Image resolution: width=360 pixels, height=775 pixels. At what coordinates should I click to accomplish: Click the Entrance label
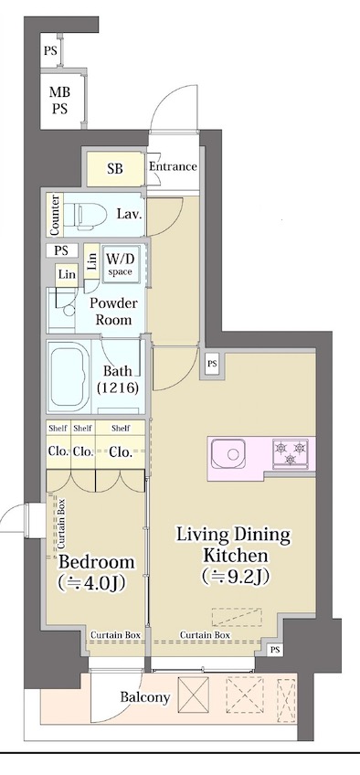(173, 166)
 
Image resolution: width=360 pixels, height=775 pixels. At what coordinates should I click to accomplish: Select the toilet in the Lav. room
(88, 215)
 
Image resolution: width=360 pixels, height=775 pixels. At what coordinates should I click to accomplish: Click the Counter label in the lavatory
(56, 215)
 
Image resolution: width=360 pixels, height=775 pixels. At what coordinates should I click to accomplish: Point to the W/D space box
(119, 263)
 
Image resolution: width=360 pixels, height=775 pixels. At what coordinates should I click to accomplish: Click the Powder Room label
(113, 312)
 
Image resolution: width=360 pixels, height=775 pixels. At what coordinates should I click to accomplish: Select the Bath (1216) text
(118, 379)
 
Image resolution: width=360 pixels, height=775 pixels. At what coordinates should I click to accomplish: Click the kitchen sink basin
(228, 453)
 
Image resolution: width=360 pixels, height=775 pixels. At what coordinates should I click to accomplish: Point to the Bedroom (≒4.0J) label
(95, 572)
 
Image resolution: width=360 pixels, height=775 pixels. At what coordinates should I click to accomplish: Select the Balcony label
(145, 697)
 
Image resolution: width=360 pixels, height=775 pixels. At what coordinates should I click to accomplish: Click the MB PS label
(59, 101)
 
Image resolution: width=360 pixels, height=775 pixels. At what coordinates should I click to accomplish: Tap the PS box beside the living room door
(212, 364)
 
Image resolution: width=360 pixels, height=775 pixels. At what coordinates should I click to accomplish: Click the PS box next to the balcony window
(275, 651)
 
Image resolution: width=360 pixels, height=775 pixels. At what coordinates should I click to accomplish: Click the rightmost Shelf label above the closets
(121, 429)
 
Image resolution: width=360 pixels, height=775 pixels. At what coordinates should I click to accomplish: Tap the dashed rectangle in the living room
(237, 617)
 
